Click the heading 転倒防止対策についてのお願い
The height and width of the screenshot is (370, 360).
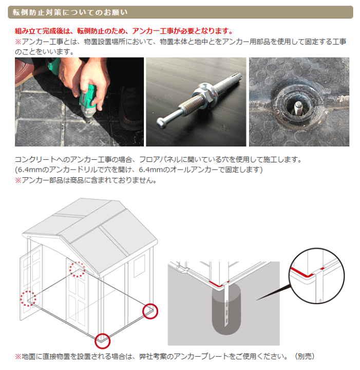pos(70,12)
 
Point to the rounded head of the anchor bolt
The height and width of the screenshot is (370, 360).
pos(161,123)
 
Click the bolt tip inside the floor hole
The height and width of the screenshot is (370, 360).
pos(298,107)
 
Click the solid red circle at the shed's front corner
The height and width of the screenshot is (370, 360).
pos(103,341)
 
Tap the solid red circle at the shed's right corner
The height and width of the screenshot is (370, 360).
pos(150,311)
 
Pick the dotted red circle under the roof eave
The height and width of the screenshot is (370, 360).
pos(77,269)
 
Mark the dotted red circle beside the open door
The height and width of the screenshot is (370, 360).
pos(28,299)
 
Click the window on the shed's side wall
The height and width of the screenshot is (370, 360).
pos(139,266)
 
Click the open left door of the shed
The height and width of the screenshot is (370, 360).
pos(31,283)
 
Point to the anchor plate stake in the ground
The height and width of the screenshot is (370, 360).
pos(226,304)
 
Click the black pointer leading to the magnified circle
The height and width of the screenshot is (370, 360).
pos(274,293)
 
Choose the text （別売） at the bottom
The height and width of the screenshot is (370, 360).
pos(305,356)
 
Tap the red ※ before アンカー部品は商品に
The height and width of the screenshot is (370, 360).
pos(18,180)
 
